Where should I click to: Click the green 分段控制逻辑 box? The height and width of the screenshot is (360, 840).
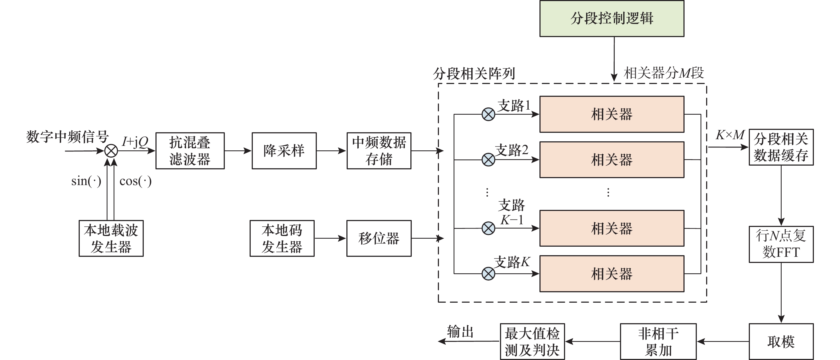pos(612,19)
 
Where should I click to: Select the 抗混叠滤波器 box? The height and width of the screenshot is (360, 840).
pos(190,151)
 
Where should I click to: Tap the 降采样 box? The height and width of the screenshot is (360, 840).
pos(284,151)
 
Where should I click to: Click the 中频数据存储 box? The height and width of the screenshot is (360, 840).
pos(379,151)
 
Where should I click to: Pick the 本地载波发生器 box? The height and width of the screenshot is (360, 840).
pos(111,238)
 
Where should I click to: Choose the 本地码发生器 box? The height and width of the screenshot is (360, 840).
pos(282,238)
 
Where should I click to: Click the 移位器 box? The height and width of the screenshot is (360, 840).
pos(379,238)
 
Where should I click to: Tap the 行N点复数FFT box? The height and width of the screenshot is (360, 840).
pos(781,244)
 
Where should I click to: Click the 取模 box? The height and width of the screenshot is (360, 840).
pos(781,341)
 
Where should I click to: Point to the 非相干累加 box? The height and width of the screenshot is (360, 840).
pos(658,341)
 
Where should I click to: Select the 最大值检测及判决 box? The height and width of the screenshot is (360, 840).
pos(532,341)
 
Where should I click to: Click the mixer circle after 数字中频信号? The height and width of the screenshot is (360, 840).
pos(111,151)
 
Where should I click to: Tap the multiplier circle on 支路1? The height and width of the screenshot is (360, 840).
pos(488,114)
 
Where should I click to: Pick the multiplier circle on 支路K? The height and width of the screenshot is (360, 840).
pos(488,274)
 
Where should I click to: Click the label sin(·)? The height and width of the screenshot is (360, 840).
pos(86,181)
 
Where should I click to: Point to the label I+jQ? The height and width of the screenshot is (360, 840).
pos(135,142)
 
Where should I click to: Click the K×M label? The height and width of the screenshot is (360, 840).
pos(730,135)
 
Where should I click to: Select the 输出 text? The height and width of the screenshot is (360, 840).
pos(460,332)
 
